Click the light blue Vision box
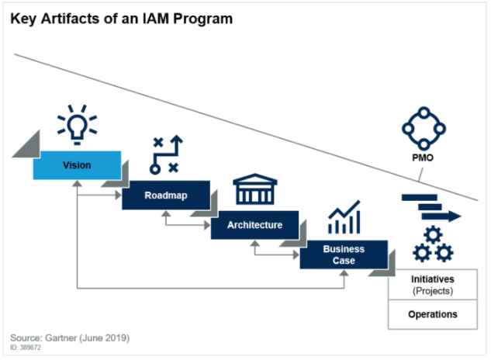click(77, 165)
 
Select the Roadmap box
click(166, 195)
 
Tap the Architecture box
click(254, 225)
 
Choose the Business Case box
click(344, 254)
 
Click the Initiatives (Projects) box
click(433, 285)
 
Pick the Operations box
click(433, 314)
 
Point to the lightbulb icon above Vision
click(77, 125)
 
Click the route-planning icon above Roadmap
click(166, 154)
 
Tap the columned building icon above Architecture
click(255, 189)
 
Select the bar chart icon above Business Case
click(344, 216)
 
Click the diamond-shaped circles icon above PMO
click(424, 129)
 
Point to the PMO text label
click(423, 157)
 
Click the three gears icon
click(433, 244)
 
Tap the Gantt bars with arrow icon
click(431, 207)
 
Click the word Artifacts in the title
click(70, 19)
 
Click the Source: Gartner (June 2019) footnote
click(70, 337)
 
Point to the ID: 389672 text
click(26, 347)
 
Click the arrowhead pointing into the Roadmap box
click(119, 196)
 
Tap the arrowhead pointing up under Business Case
click(344, 273)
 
